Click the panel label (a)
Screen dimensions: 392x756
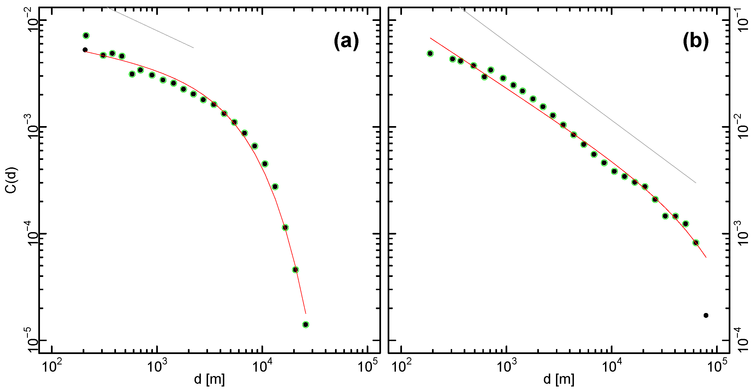[x=346, y=41]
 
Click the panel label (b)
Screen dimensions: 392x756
[x=696, y=41]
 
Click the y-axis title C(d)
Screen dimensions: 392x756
[x=12, y=180]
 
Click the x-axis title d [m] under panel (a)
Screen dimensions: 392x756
[x=209, y=379]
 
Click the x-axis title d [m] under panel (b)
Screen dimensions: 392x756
[x=559, y=379]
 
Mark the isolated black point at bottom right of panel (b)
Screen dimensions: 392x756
[x=706, y=315]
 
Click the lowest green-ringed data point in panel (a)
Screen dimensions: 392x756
[x=306, y=325]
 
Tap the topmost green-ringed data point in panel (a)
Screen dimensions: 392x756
[x=86, y=36]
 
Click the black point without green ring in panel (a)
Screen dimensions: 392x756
[x=85, y=50]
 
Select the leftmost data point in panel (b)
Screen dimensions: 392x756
[x=430, y=54]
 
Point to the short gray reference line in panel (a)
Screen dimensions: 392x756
[x=150, y=27]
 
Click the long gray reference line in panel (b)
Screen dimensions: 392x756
[x=578, y=95]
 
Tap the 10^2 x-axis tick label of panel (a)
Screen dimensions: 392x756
[x=52, y=367]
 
